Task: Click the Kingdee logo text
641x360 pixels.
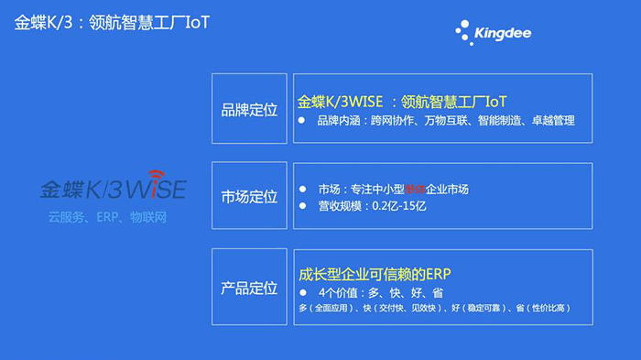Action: pyautogui.click(x=503, y=34)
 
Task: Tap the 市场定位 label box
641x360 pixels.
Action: pyautogui.click(x=249, y=196)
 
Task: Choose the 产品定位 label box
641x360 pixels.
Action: pyautogui.click(x=249, y=288)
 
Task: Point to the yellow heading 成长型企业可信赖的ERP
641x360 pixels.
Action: pyautogui.click(x=375, y=274)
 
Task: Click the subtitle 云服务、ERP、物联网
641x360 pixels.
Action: pyautogui.click(x=108, y=217)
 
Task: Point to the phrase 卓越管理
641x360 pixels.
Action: pyautogui.click(x=552, y=121)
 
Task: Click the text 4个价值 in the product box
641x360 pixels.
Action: pyautogui.click(x=339, y=292)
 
